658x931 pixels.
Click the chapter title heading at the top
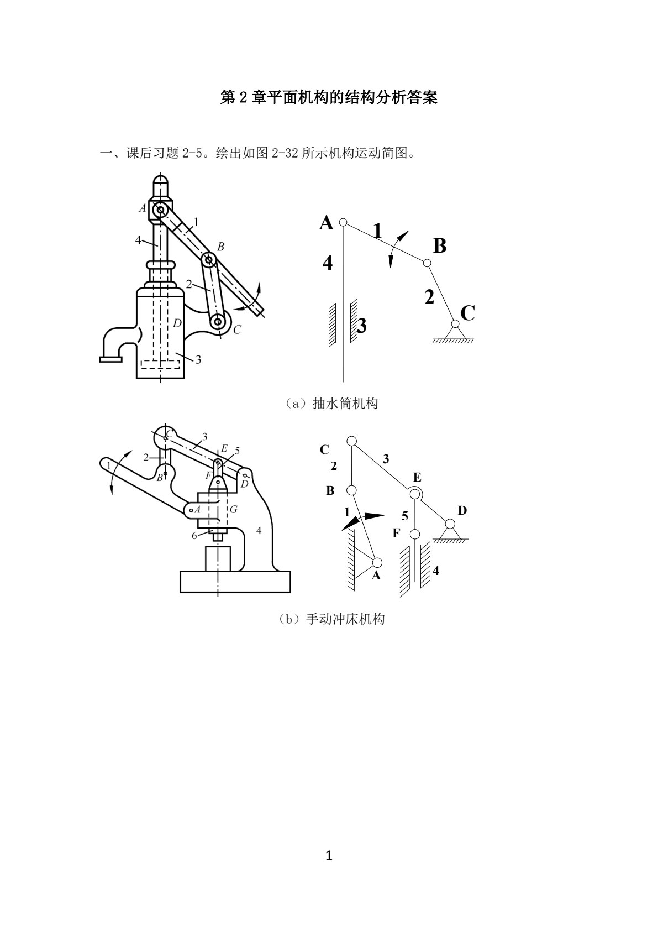coord(329,98)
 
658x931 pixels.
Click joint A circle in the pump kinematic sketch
coord(343,222)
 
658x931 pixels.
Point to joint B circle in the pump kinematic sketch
coord(427,263)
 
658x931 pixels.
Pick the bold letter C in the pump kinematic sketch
coord(468,313)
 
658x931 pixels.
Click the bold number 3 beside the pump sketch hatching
coord(362,326)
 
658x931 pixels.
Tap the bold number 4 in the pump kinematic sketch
coord(327,263)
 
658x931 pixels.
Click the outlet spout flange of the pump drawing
coord(111,359)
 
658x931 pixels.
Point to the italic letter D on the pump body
coord(177,323)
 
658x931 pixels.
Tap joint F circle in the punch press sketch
coord(414,534)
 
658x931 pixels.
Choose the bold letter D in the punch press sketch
coord(462,510)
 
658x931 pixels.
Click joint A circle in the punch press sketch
coord(377,562)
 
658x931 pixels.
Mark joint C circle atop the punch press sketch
coord(352,441)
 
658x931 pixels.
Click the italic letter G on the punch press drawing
coord(234,509)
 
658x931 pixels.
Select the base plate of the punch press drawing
coord(235,582)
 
